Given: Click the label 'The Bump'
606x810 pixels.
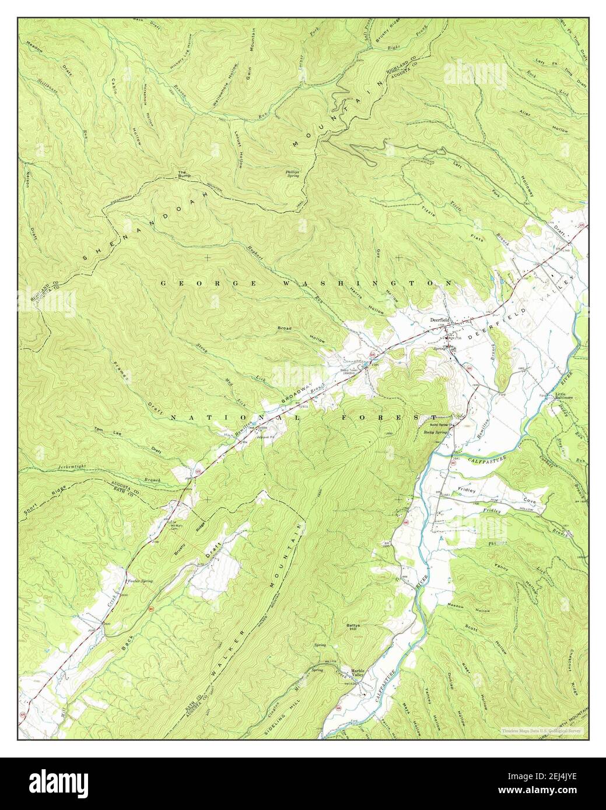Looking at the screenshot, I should (183, 174).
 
